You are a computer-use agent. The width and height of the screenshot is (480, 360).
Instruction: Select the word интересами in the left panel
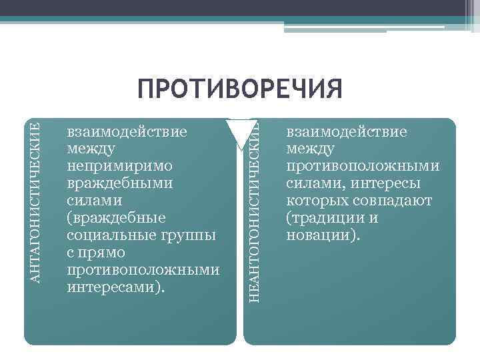point(113,287)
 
